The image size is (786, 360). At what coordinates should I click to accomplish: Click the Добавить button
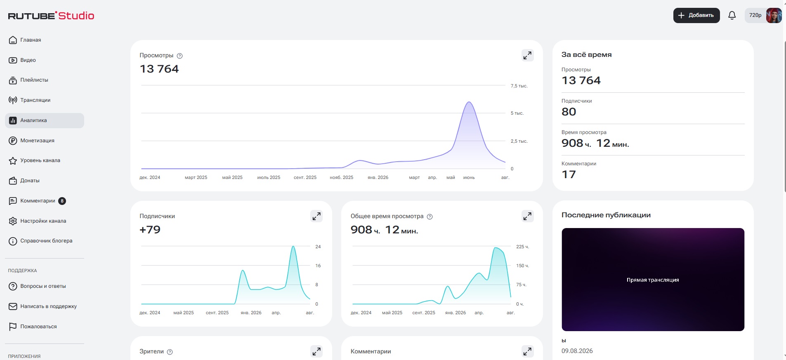pyautogui.click(x=696, y=15)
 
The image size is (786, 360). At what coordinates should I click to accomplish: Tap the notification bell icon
pyautogui.click(x=732, y=15)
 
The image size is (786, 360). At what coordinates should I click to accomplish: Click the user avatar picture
pyautogui.click(x=774, y=15)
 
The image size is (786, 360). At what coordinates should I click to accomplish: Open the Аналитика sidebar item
pyautogui.click(x=45, y=120)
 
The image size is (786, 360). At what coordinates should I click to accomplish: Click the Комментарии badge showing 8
pyautogui.click(x=62, y=201)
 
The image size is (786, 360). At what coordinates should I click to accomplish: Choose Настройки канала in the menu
pyautogui.click(x=37, y=221)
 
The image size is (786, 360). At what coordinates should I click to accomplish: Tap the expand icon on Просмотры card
pyautogui.click(x=527, y=55)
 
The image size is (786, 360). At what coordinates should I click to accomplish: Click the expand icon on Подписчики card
pyautogui.click(x=316, y=216)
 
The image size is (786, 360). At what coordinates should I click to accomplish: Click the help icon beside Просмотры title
pyautogui.click(x=179, y=56)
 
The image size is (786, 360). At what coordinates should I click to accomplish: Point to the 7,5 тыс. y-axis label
pyautogui.click(x=519, y=86)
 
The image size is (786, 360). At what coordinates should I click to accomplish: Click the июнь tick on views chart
pyautogui.click(x=469, y=177)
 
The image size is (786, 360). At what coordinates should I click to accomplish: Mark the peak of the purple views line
pyautogui.click(x=469, y=102)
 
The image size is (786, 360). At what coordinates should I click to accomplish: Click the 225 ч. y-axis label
pyautogui.click(x=522, y=247)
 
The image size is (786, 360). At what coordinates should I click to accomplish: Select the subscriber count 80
pyautogui.click(x=569, y=112)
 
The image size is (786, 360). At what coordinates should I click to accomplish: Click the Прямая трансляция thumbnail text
pyautogui.click(x=653, y=280)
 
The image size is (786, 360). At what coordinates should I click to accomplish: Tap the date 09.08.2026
pyautogui.click(x=577, y=351)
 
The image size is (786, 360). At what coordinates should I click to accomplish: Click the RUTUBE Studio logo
pyautogui.click(x=51, y=16)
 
